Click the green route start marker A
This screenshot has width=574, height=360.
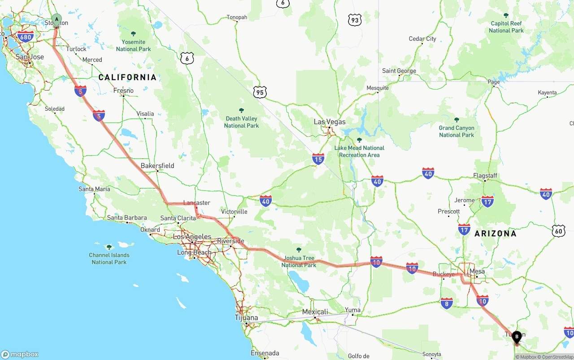point(57,19)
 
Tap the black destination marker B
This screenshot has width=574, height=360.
point(517,336)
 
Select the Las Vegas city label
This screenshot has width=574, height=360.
point(330,122)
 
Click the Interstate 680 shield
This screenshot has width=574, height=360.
point(26,37)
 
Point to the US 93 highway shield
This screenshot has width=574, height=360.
point(355,20)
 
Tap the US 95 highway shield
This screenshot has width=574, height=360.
point(260,93)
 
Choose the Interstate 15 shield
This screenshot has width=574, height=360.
point(318,159)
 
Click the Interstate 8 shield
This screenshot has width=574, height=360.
point(447,304)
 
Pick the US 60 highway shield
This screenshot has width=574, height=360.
point(558,231)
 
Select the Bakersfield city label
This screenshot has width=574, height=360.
point(157,166)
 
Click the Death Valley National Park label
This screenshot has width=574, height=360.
point(241,122)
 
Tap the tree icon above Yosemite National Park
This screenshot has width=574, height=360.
point(133,34)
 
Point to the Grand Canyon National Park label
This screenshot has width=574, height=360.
point(457,131)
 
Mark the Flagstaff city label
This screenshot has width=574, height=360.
point(485,176)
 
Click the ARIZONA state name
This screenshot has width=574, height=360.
point(496,234)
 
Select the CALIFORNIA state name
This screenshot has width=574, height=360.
point(127,78)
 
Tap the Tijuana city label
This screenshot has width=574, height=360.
point(247,318)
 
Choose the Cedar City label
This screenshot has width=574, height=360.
point(422,39)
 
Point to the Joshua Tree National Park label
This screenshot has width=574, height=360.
point(299,261)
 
